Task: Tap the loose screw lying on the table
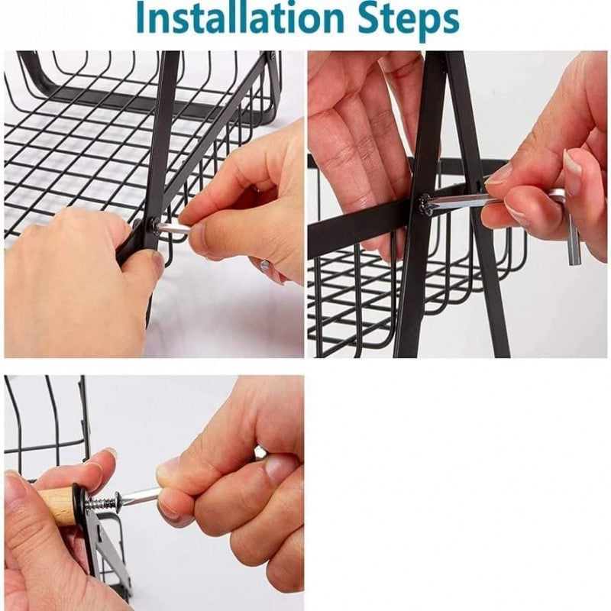click(x=265, y=265)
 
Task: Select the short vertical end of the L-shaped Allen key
click(x=572, y=237)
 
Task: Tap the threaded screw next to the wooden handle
click(x=104, y=503)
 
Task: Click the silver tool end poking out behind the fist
click(x=260, y=452)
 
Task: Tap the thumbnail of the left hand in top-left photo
click(x=157, y=263)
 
